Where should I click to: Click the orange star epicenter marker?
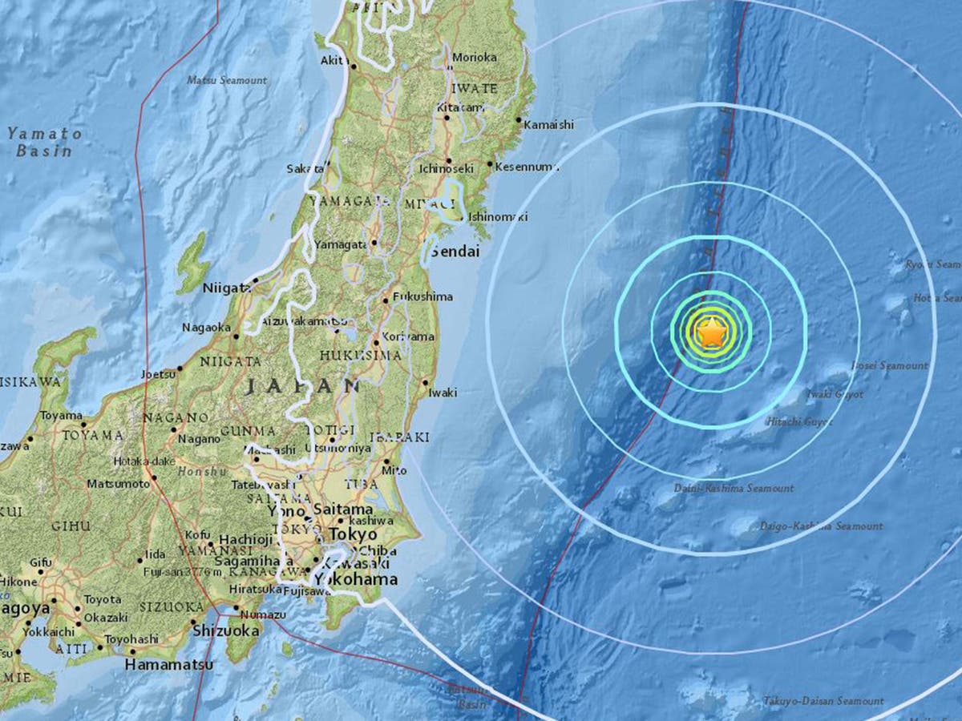(711, 332)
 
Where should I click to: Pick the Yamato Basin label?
(45, 142)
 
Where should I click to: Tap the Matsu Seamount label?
(227, 80)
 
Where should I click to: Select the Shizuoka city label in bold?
(226, 631)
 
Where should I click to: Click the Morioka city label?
(475, 57)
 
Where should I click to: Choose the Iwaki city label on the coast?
(443, 393)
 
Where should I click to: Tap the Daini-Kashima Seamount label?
(734, 488)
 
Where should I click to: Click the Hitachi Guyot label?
(799, 421)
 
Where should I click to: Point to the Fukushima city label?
(422, 296)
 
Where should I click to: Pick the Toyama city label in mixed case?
(62, 416)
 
